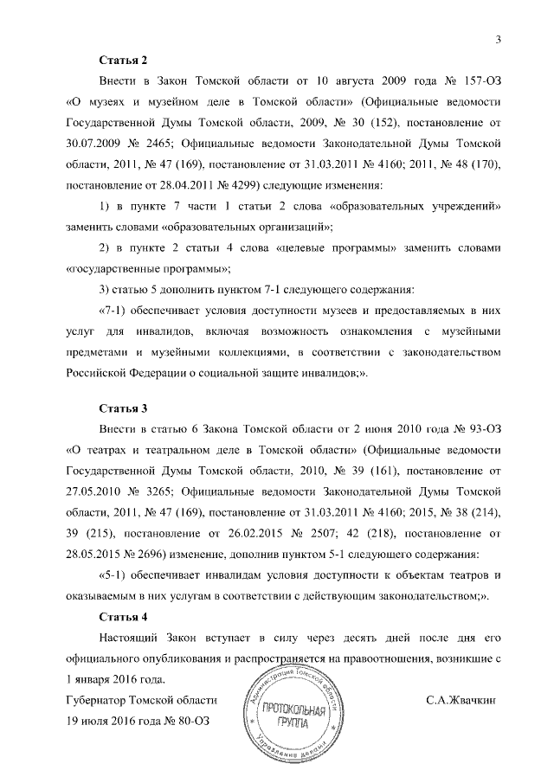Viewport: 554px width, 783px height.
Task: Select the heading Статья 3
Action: [x=124, y=406]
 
